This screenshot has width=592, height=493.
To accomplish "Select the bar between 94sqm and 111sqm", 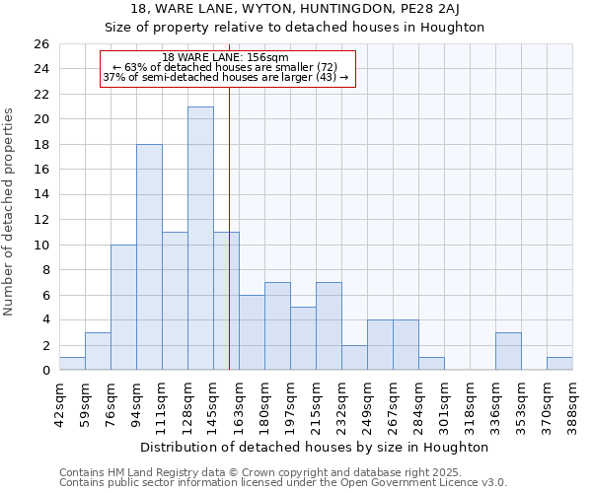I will pos(149,257).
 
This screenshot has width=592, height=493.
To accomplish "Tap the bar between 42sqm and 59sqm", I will pos(72,364).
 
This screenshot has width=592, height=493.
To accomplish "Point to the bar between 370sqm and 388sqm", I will pos(559,364).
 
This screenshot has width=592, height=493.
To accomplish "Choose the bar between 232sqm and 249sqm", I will pos(354,358).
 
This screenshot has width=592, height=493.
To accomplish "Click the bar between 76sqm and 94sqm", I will pos(123,308).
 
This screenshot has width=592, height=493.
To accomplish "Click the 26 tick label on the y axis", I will pos(42,44).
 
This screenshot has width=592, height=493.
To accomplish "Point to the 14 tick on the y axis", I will pos(42,195).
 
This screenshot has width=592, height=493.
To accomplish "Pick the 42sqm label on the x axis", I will pos(59,404).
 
